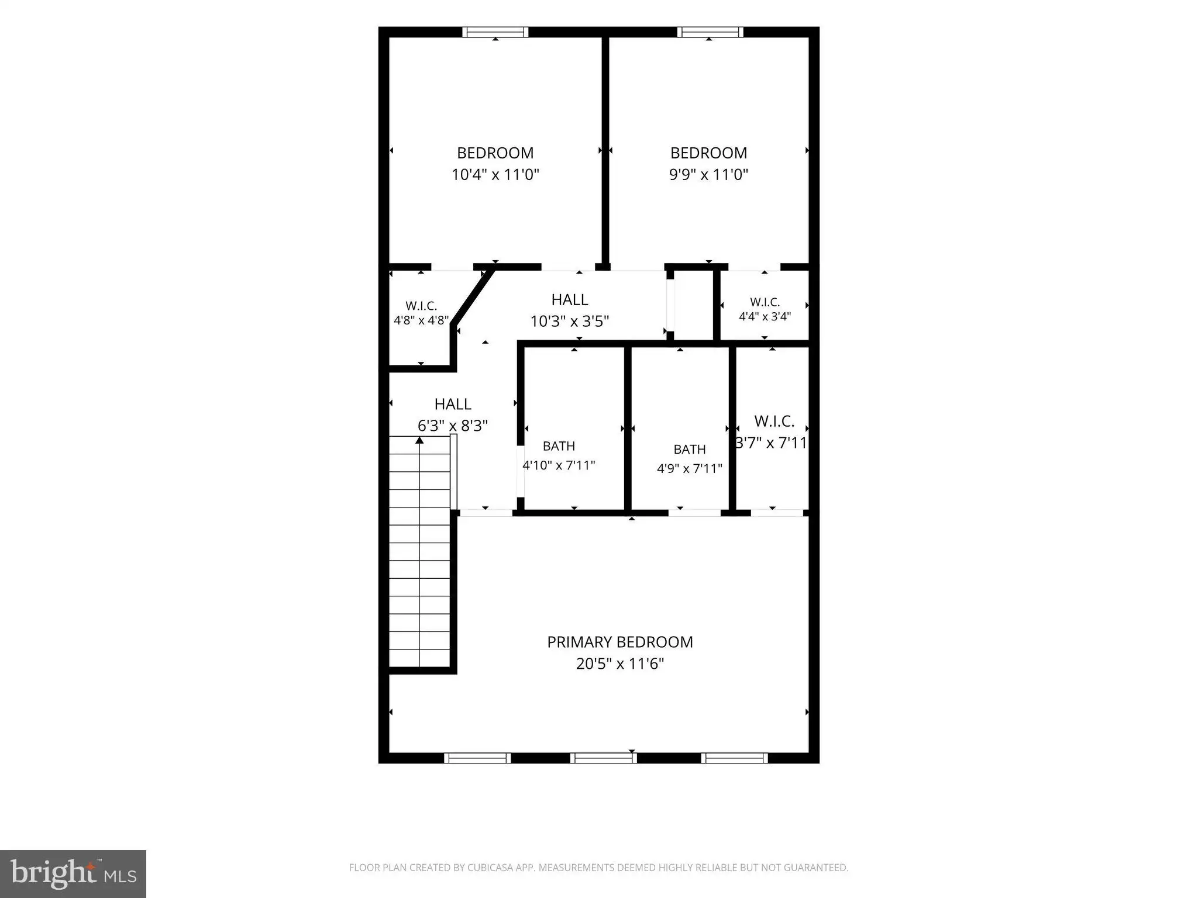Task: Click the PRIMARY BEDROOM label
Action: (x=620, y=642)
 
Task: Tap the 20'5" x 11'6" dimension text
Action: (x=620, y=664)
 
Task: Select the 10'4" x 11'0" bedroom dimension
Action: (x=495, y=174)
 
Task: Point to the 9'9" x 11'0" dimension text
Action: (x=708, y=174)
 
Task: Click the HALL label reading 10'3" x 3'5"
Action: (x=570, y=300)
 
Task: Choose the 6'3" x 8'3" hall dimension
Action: (x=453, y=425)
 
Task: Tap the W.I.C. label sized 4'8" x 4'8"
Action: (x=421, y=306)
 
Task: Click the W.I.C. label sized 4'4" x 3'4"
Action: (x=765, y=302)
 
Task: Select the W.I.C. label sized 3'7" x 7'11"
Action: (x=774, y=421)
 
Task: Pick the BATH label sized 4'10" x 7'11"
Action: (x=559, y=446)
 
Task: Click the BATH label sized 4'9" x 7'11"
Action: (x=690, y=450)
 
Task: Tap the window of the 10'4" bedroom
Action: (x=495, y=32)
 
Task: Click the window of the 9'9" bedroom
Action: (x=710, y=32)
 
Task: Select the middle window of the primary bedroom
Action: (x=603, y=758)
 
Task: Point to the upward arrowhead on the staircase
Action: (x=419, y=440)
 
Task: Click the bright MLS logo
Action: (x=73, y=874)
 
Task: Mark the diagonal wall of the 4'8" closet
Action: (x=473, y=297)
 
